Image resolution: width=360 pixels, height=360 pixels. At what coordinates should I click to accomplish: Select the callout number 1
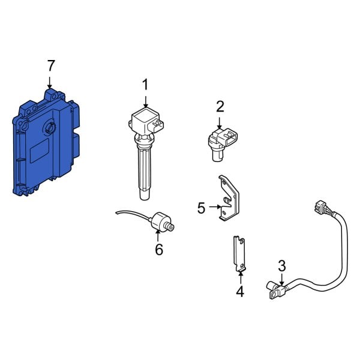pos(145,86)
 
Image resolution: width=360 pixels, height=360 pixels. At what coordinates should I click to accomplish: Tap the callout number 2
pos(220,107)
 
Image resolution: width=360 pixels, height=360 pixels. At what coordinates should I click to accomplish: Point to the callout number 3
pos(281,265)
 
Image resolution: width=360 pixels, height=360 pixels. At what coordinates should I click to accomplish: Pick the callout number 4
pos(240,292)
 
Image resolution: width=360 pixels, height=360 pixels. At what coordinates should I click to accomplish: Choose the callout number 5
pos(202,208)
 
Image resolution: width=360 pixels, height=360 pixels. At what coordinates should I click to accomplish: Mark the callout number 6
pos(159,249)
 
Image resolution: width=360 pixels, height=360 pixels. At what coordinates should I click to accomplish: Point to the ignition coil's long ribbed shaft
pos(145,171)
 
